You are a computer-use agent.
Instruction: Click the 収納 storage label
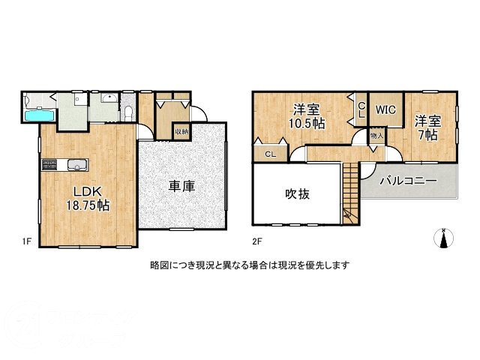tap(181, 132)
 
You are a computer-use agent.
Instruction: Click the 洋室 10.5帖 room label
tap(307, 115)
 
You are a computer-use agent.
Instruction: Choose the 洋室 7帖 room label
tap(428, 127)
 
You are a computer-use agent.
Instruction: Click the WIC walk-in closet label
tap(385, 109)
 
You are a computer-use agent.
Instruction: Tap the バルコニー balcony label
tap(408, 181)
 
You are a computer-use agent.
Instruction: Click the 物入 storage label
tap(376, 136)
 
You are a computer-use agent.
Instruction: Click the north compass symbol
tap(444, 238)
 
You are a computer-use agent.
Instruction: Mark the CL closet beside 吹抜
tap(268, 154)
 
